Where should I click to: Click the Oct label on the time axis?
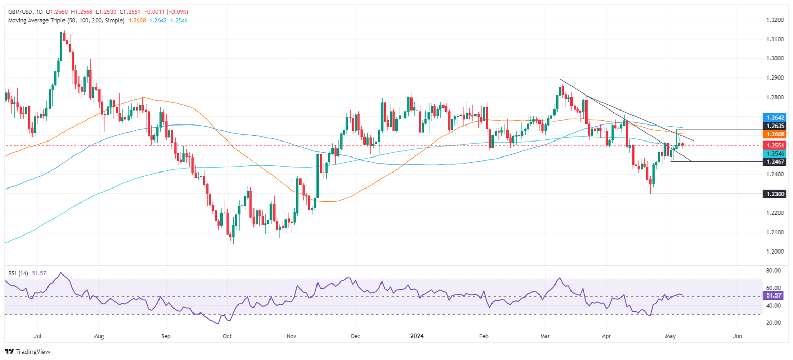[x=227, y=336]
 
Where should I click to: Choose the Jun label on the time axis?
[x=737, y=336]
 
